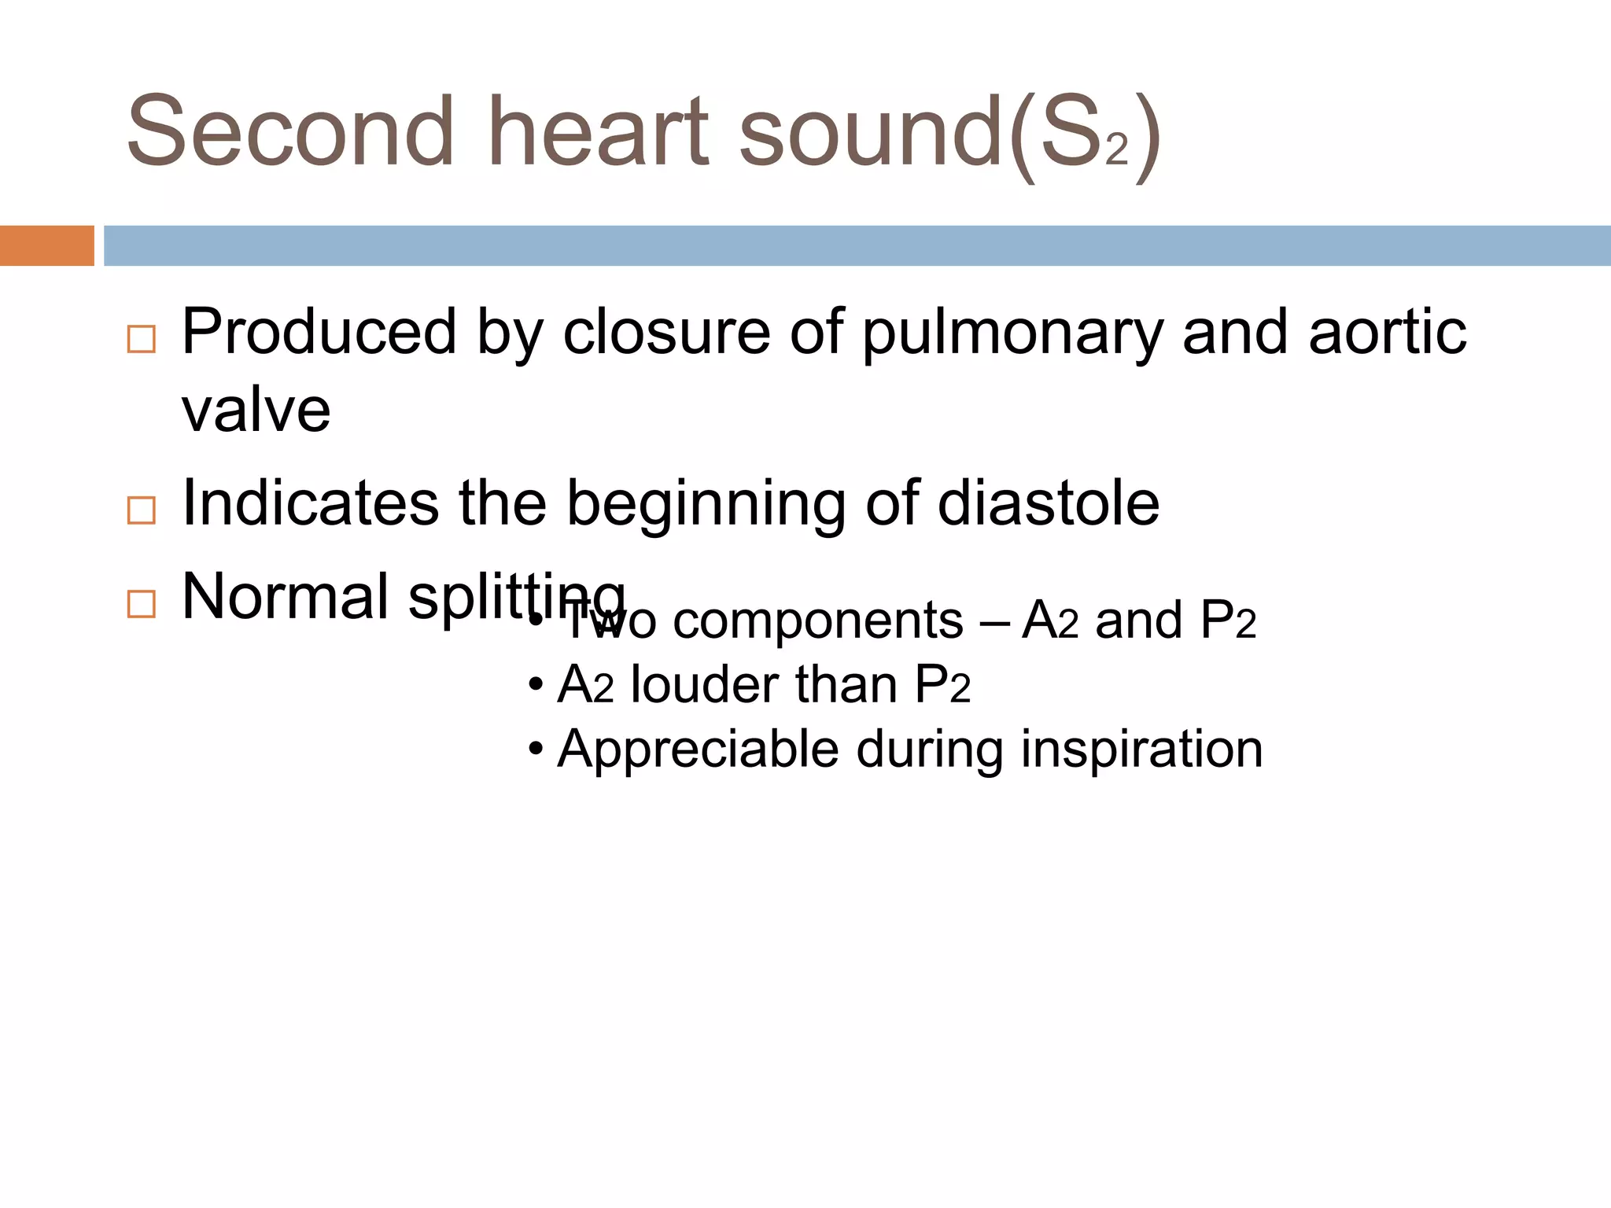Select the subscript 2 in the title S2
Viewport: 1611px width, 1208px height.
point(1116,149)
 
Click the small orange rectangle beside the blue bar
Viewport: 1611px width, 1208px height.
point(46,245)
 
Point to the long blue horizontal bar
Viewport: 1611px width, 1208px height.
point(857,245)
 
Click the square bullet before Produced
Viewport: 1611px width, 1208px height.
point(142,339)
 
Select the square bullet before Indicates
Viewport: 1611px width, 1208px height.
point(142,510)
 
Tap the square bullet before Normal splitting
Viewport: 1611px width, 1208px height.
point(142,604)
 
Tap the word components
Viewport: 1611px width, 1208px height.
point(818,622)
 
